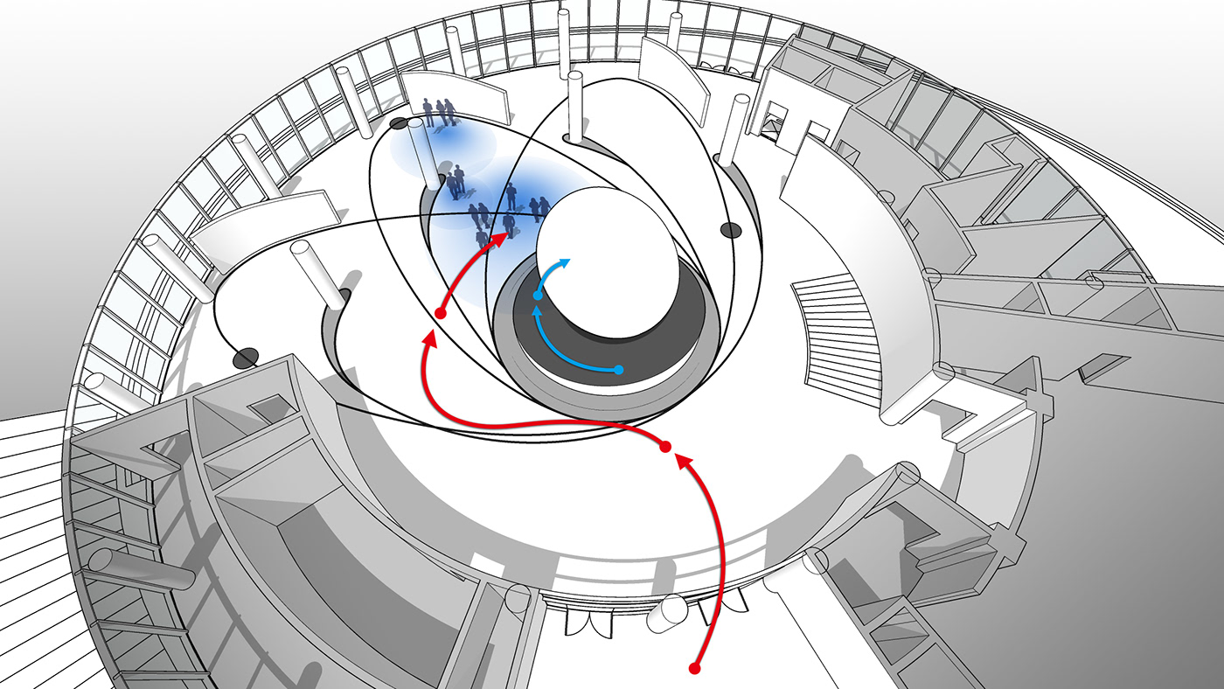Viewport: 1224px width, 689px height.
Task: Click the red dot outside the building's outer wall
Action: [695, 669]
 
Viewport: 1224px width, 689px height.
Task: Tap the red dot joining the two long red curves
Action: [664, 447]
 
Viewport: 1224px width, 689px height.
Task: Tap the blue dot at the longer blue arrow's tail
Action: [618, 370]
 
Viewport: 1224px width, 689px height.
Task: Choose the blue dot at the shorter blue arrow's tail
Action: [538, 296]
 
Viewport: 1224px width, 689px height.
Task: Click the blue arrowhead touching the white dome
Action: [566, 262]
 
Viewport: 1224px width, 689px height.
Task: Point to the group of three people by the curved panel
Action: [439, 113]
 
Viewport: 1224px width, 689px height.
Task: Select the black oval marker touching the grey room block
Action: [246, 357]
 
